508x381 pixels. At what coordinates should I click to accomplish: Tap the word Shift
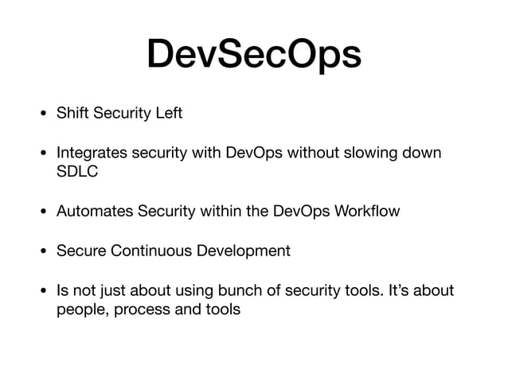tap(72, 113)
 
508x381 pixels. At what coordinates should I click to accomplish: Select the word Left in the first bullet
tap(168, 113)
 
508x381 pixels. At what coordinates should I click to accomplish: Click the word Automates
tap(92, 212)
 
